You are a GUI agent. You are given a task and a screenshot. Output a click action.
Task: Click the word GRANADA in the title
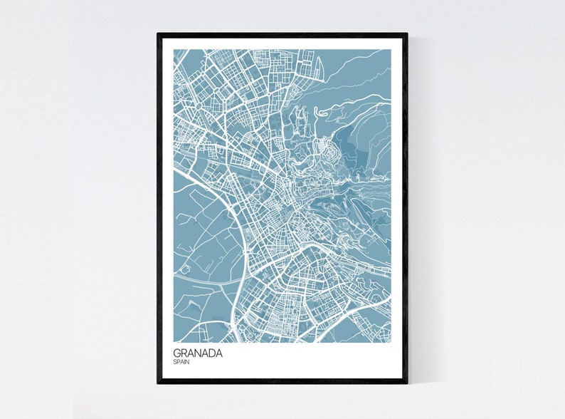point(197,352)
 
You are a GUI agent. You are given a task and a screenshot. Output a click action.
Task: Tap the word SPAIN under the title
point(181,362)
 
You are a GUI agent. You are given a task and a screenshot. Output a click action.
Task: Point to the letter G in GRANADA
point(176,352)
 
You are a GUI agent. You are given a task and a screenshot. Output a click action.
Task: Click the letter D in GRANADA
point(211,352)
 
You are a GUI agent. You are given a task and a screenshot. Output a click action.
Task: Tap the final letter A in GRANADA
point(218,352)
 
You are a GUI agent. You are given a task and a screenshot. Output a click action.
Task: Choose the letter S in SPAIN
point(175,362)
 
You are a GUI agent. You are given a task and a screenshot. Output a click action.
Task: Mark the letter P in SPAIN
point(178,362)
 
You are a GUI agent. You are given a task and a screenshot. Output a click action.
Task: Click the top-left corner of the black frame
point(158,33)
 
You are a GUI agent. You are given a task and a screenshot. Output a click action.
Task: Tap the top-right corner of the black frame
point(407,33)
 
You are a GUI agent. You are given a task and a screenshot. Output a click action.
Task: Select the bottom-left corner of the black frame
point(158,383)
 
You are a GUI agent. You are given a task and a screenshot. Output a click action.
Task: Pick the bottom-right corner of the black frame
point(407,383)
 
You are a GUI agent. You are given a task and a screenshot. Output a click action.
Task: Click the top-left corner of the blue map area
point(174,50)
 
